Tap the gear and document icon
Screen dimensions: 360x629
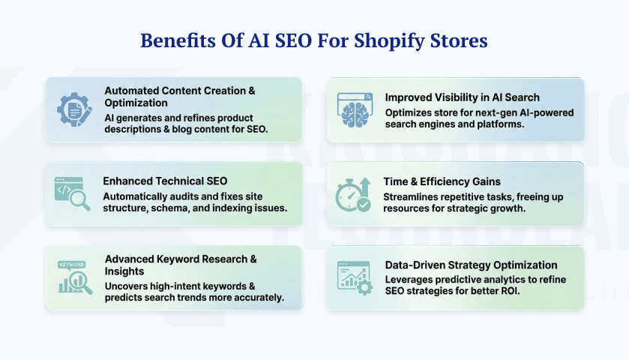click(74, 109)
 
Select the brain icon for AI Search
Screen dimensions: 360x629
click(355, 109)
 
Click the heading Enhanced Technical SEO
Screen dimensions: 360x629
click(165, 181)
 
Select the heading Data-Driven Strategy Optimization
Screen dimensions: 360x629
click(471, 265)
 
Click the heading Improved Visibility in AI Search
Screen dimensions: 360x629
click(462, 97)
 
